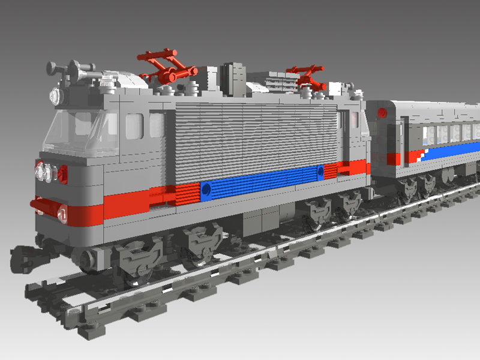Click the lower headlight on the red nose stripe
coord(61,211)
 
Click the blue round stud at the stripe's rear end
coord(320,172)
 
